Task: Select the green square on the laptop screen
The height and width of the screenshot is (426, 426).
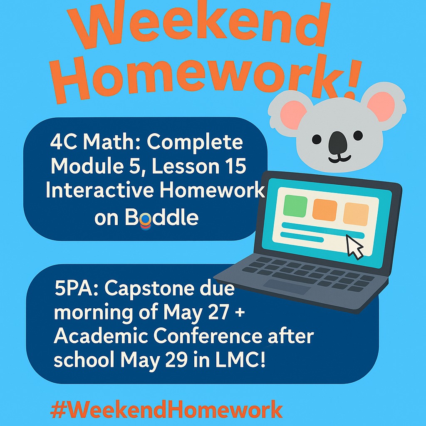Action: click(x=295, y=206)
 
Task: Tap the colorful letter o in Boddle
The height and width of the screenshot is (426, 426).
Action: click(x=144, y=220)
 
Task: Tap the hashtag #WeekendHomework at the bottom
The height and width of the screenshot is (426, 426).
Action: click(x=166, y=409)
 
